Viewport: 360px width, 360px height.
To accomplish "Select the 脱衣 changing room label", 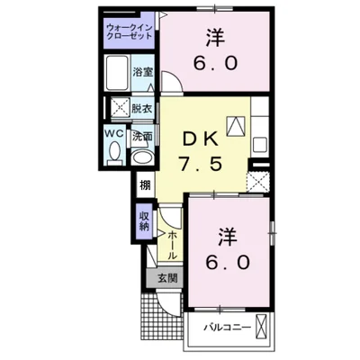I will point(141,107).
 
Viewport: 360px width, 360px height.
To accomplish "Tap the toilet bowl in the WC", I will point(112,154).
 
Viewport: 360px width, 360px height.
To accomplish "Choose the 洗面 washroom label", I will point(141,138).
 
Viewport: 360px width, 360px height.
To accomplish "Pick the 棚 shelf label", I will point(144,186).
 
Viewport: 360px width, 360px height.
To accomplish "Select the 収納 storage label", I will point(144,220).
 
